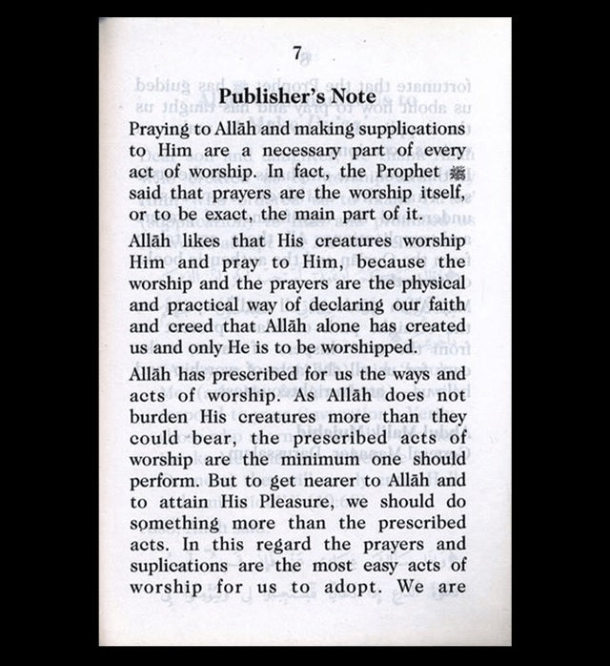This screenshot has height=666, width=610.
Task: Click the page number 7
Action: click(x=297, y=54)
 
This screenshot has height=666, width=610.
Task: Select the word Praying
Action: click(x=162, y=128)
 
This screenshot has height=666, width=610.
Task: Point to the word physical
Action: click(x=435, y=285)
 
